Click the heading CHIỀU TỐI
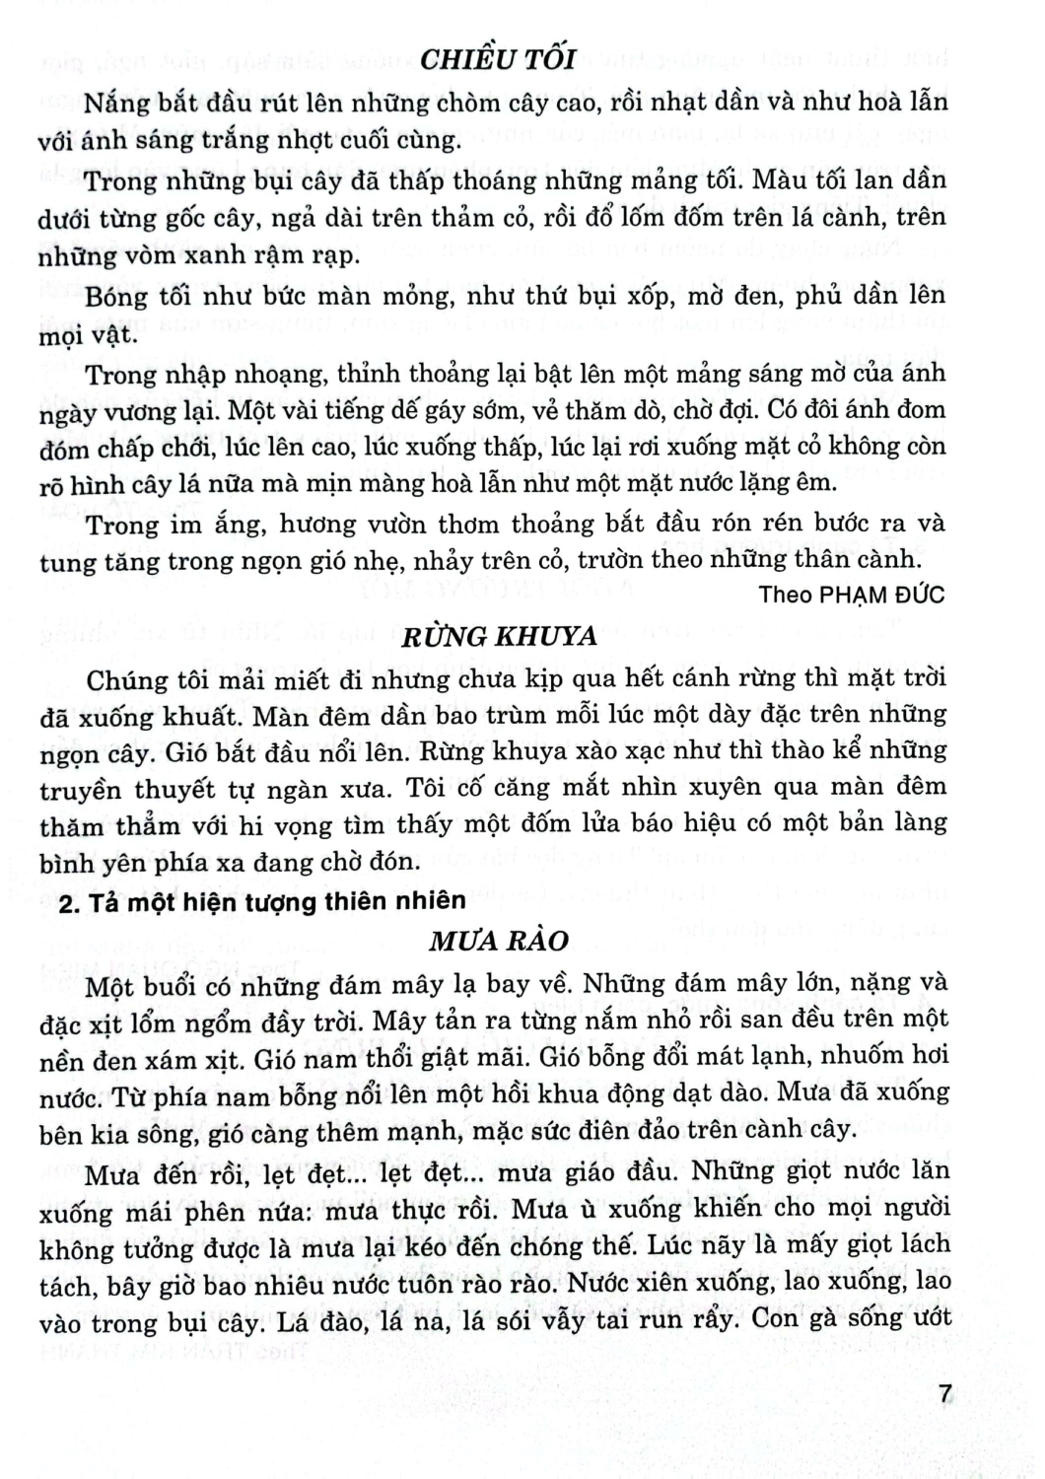point(497,59)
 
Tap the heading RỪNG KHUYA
point(500,636)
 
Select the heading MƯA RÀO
point(499,940)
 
